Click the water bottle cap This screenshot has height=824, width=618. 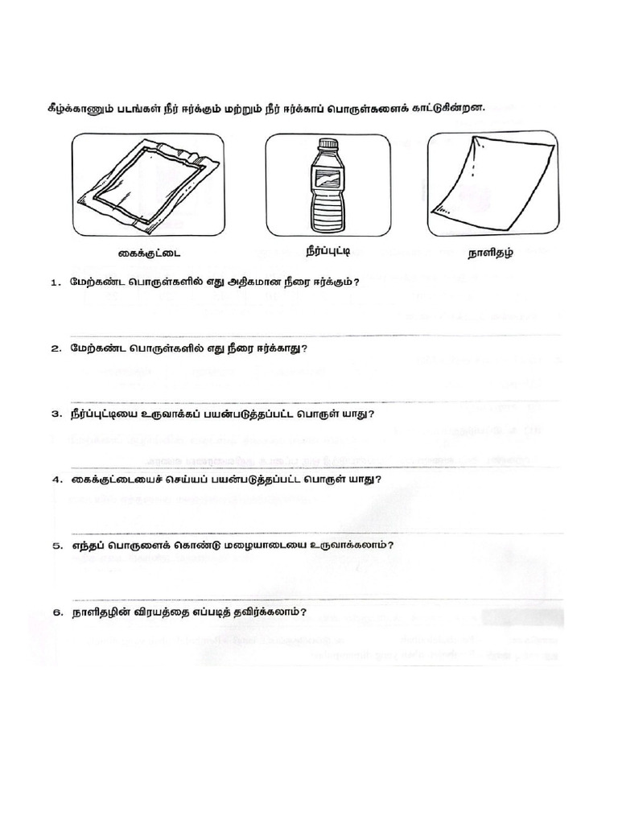coord(327,145)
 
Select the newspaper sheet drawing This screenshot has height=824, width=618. coord(492,182)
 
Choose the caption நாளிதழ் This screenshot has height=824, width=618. coord(491,253)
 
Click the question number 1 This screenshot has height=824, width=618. coord(55,283)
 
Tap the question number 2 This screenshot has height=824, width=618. coord(55,349)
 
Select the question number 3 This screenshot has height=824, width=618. coord(55,414)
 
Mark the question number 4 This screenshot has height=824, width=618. coord(55,480)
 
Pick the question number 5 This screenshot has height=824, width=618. coord(55,546)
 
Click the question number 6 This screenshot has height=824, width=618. coord(55,612)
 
